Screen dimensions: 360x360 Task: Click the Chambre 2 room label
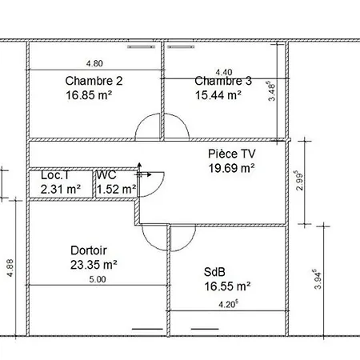click(94, 81)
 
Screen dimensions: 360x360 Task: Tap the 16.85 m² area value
click(89, 95)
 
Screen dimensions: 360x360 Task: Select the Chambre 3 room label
click(223, 81)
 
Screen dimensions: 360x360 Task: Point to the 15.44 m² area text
click(218, 95)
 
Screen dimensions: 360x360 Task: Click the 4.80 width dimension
click(94, 63)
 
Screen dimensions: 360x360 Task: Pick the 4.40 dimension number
click(224, 72)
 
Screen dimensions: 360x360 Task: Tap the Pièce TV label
click(231, 154)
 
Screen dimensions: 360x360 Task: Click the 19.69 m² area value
click(231, 168)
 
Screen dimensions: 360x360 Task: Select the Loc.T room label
click(55, 175)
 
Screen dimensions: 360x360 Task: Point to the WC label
click(106, 175)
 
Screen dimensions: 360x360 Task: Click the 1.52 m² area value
click(117, 190)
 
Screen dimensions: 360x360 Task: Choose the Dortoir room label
click(89, 250)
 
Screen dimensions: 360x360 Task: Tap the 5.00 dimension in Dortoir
click(98, 279)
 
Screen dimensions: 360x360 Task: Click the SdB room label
click(214, 272)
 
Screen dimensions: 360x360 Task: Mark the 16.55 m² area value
click(227, 286)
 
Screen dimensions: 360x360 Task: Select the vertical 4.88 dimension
click(10, 268)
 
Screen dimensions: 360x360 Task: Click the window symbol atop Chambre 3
click(180, 47)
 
